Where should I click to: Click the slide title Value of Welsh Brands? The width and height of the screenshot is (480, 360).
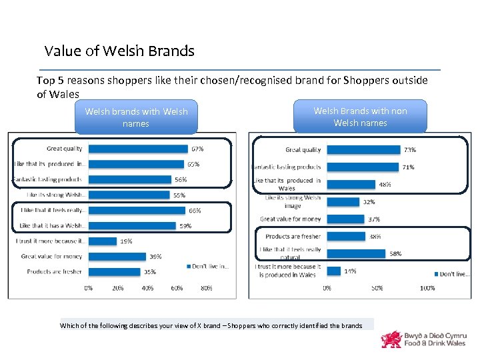(x=119, y=51)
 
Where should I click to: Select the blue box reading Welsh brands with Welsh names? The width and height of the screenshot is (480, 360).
(x=136, y=117)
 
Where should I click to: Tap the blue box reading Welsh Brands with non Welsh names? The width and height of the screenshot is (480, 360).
(x=360, y=117)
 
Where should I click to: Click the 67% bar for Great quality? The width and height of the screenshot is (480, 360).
(x=137, y=149)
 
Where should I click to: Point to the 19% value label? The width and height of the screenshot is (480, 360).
(x=126, y=241)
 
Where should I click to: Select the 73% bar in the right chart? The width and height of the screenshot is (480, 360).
(x=363, y=150)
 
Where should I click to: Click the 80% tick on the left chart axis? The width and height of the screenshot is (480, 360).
(x=206, y=289)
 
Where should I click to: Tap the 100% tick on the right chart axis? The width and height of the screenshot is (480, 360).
(x=427, y=289)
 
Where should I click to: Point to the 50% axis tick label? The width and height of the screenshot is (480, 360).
(x=377, y=289)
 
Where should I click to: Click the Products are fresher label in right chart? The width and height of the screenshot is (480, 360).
(x=293, y=236)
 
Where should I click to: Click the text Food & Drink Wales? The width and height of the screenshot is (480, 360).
(x=434, y=343)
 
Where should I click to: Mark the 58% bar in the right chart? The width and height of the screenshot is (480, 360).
(x=356, y=253)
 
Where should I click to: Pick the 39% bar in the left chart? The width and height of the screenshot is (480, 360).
(x=117, y=256)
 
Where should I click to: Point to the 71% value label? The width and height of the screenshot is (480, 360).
(x=407, y=167)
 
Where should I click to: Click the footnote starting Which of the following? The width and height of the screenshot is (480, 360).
(x=211, y=325)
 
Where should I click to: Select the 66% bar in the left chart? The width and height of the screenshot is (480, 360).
(x=136, y=210)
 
